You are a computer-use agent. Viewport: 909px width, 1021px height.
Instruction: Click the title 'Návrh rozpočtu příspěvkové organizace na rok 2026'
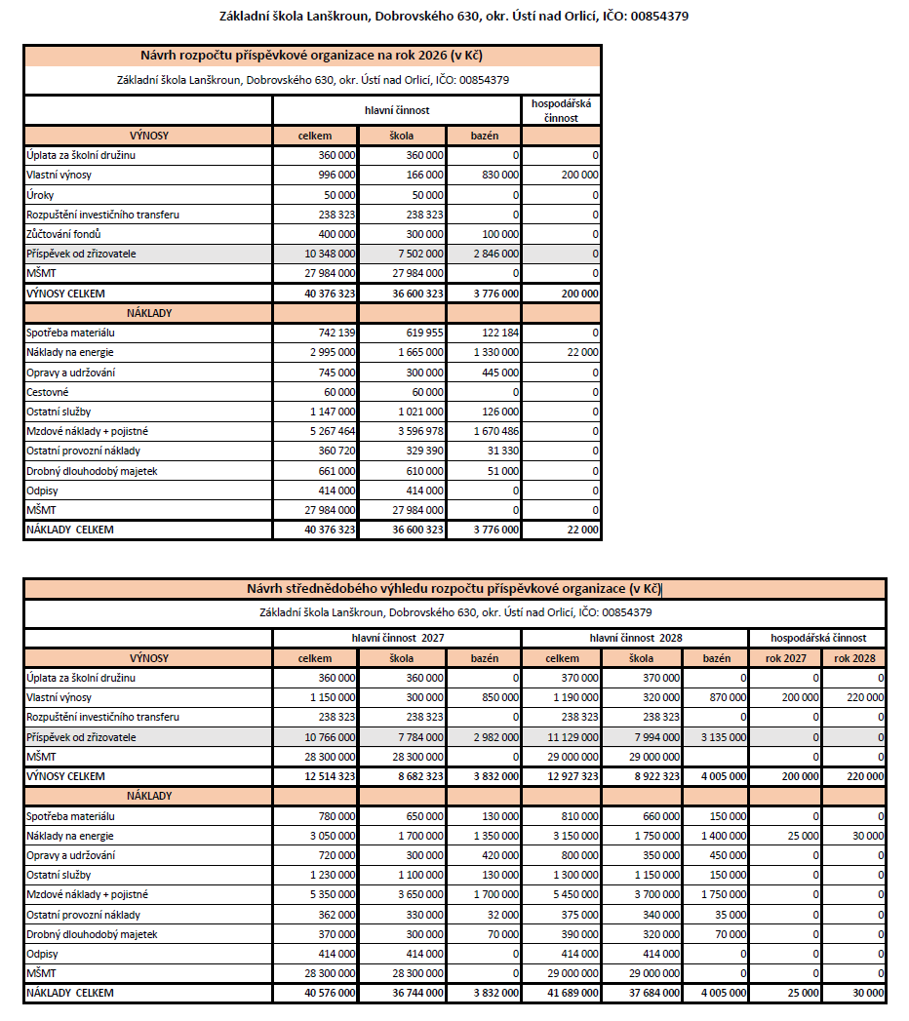click(x=312, y=56)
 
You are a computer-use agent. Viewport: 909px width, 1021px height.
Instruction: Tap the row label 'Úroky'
click(x=40, y=195)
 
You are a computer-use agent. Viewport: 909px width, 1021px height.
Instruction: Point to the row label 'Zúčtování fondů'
click(x=64, y=234)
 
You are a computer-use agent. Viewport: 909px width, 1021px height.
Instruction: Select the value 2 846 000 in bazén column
click(x=495, y=254)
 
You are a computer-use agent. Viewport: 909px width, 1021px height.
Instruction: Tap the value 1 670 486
click(x=495, y=431)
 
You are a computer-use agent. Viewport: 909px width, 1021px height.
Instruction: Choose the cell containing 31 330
click(x=502, y=451)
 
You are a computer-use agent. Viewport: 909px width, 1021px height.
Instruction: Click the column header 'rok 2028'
click(x=854, y=658)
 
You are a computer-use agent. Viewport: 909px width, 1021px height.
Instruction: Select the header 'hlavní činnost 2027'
click(x=397, y=637)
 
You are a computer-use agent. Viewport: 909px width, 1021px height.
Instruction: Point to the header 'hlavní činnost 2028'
click(x=635, y=637)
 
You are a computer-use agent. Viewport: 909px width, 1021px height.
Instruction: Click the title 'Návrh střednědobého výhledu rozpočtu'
click(x=454, y=588)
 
